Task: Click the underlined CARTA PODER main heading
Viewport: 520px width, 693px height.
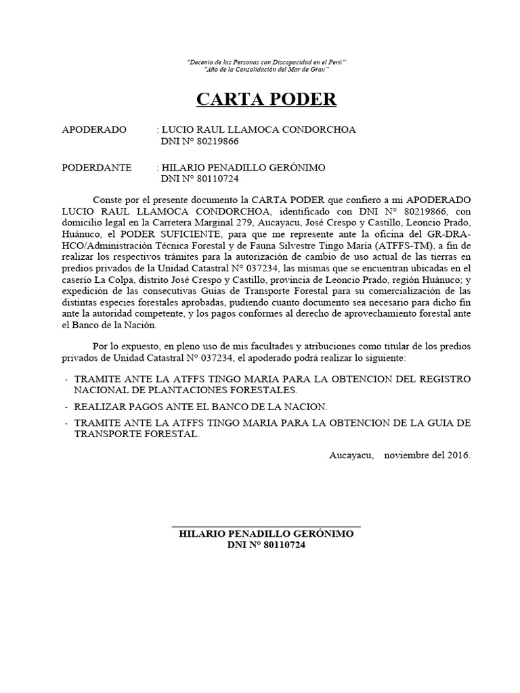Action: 266,100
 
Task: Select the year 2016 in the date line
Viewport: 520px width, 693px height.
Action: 458,455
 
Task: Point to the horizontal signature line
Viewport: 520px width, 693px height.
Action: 266,527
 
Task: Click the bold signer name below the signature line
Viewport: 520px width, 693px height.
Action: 266,534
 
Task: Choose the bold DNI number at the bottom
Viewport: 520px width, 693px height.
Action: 266,545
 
